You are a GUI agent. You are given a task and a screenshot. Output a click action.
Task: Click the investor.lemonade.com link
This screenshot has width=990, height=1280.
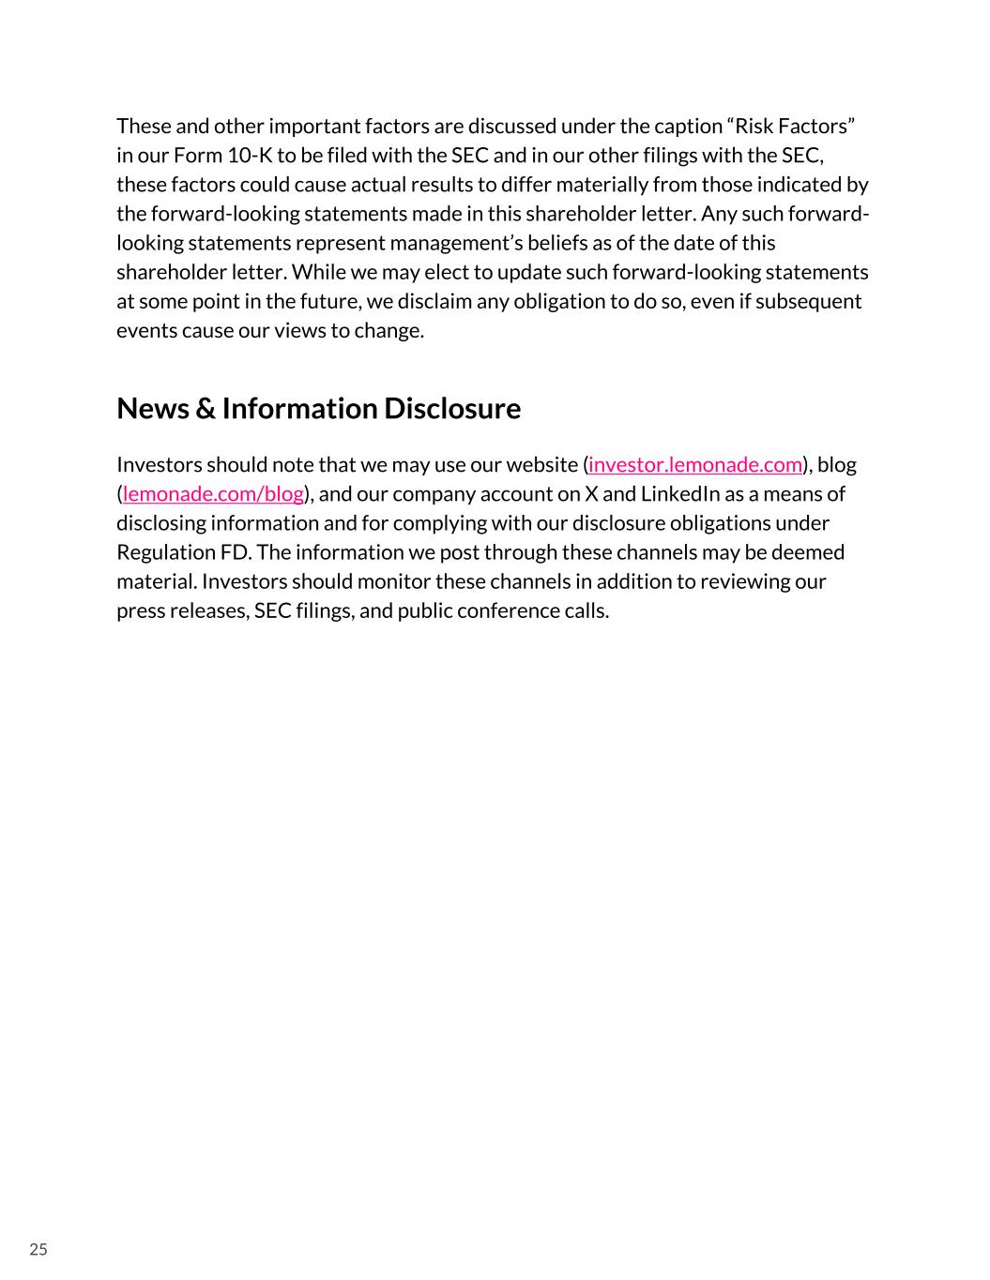pos(695,465)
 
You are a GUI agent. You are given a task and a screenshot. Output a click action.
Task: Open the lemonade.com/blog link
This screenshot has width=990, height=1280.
pos(213,494)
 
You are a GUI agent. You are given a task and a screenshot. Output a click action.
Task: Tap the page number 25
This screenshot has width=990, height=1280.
pos(38,1249)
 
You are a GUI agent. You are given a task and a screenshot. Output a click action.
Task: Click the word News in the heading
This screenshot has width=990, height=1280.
pos(153,409)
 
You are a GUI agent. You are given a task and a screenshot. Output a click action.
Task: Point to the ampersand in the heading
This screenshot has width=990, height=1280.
pos(206,409)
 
